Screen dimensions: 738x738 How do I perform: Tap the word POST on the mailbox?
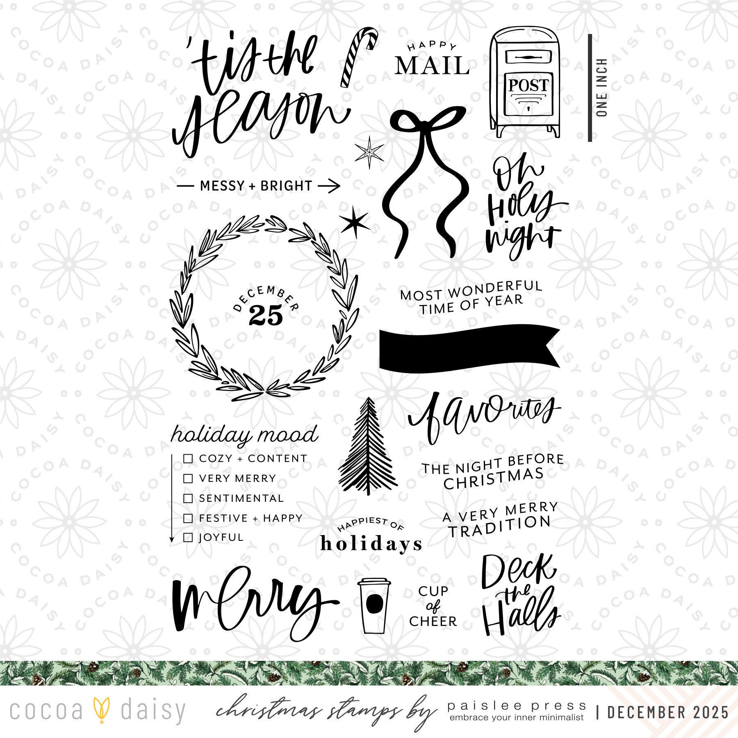coord(528,85)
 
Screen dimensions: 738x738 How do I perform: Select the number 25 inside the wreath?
coord(266,316)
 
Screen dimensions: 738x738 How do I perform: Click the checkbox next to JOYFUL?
coord(188,537)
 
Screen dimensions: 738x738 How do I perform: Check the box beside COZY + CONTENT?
coord(188,458)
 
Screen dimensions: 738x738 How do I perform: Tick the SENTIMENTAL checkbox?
coord(188,498)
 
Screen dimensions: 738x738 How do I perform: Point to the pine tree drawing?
coord(368,446)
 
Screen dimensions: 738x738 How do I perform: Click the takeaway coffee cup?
coord(374,606)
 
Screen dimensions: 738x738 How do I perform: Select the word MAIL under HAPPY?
coord(432,66)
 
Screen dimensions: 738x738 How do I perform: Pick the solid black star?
coord(354,223)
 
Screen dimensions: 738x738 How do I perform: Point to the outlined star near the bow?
coord(369,152)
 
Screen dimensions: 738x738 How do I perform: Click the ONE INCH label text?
coord(601,87)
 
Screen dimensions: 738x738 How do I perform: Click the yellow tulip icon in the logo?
coord(101,710)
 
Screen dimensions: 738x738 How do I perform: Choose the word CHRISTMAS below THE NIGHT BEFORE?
coord(494,479)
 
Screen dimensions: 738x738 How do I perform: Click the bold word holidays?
coord(371,544)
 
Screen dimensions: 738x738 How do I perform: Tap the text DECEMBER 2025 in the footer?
coord(668,713)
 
